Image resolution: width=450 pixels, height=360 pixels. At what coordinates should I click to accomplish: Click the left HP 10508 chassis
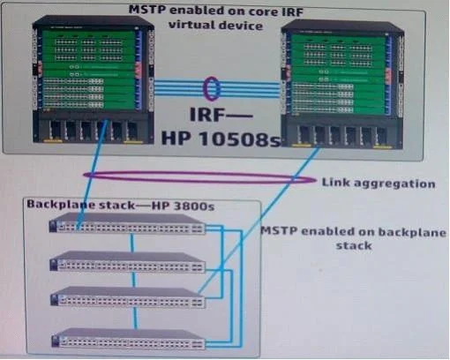click(x=94, y=80)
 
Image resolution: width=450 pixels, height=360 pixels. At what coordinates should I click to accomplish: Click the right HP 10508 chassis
click(x=342, y=84)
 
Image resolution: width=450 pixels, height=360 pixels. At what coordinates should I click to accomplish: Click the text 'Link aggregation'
click(x=379, y=183)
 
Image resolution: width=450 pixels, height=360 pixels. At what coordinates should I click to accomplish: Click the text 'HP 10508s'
click(x=221, y=138)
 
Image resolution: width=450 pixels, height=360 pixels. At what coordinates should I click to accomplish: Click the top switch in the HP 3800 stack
click(x=127, y=223)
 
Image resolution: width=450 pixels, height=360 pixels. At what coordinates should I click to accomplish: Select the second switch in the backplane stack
click(x=127, y=261)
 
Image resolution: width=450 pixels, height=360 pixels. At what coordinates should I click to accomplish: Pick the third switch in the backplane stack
click(x=128, y=297)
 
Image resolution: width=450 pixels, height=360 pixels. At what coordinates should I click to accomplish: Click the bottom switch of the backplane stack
click(x=129, y=339)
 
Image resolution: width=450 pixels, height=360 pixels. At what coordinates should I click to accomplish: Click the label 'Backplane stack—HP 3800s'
click(x=121, y=205)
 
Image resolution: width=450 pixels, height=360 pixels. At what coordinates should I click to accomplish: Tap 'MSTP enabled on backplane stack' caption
click(x=354, y=238)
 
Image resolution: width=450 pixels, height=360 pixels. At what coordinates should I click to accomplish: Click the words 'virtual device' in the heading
click(x=215, y=26)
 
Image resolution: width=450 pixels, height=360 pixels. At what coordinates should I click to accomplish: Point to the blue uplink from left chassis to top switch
click(x=93, y=174)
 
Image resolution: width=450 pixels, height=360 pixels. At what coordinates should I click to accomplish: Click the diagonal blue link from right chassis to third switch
click(x=259, y=220)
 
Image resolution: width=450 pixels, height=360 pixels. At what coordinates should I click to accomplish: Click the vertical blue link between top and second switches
click(x=132, y=243)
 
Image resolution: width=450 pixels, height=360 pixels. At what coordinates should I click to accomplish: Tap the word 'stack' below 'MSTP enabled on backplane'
click(x=354, y=245)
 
